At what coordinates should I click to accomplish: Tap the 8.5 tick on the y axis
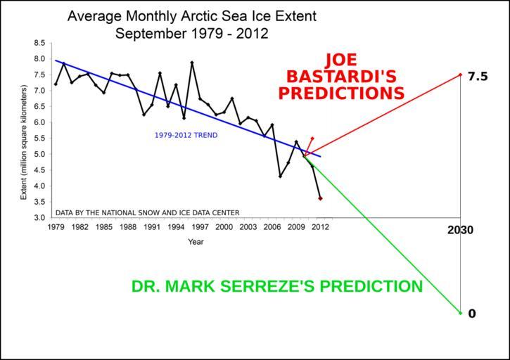[39, 43]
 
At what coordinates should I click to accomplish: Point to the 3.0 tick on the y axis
[39, 218]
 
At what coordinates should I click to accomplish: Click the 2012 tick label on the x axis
[320, 227]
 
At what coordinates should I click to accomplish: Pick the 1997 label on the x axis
[200, 227]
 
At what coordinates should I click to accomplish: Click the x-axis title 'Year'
[196, 242]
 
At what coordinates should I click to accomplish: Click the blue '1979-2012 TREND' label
[186, 135]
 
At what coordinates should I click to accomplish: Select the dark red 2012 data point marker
[320, 198]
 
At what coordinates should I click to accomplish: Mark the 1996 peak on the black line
[192, 63]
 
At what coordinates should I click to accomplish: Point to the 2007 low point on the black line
[280, 176]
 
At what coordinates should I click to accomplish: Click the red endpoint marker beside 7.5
[460, 75]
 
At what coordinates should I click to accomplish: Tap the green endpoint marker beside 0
[460, 313]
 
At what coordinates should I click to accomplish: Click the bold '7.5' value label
[478, 77]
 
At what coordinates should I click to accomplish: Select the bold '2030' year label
[461, 230]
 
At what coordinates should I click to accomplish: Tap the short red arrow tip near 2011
[313, 138]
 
